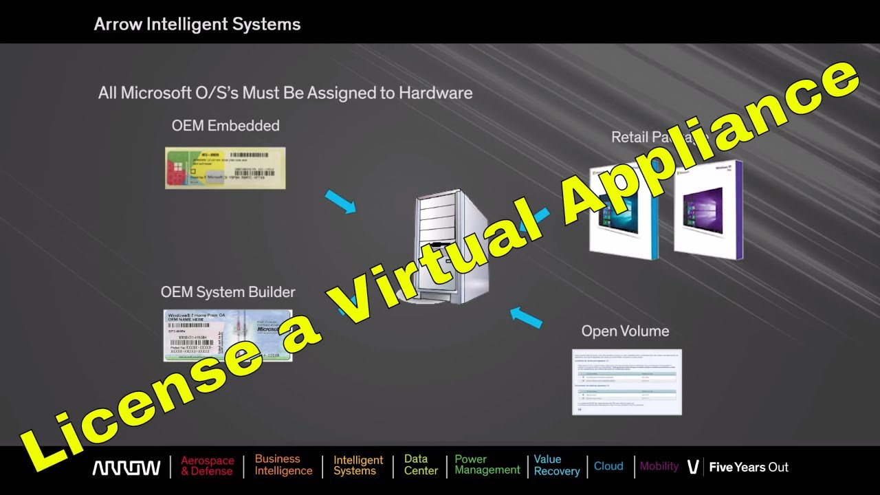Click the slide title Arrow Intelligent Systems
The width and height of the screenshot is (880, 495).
[197, 25]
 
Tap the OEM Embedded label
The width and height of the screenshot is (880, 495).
[225, 126]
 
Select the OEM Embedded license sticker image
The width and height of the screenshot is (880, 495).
[225, 168]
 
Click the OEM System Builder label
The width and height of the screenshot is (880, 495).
[228, 292]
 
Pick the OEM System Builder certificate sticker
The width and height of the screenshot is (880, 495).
[218, 335]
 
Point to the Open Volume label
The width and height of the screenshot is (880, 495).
[625, 331]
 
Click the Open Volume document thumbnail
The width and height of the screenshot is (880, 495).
[626, 382]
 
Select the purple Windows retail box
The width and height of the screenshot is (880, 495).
[708, 210]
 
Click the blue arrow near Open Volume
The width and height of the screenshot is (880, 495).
[526, 316]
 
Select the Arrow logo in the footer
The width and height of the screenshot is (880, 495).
[126, 467]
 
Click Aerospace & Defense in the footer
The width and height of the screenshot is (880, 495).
[207, 466]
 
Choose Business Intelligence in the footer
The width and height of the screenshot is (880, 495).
[283, 465]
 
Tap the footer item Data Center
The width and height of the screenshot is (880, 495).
[421, 465]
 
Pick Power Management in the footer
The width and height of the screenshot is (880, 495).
[487, 465]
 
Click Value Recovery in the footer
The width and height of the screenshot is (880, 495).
[556, 465]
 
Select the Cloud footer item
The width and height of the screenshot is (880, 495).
[608, 466]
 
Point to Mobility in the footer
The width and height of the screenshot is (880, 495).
[659, 466]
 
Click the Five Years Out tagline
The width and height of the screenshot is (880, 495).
[749, 467]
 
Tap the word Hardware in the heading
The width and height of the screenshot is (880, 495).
[436, 93]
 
